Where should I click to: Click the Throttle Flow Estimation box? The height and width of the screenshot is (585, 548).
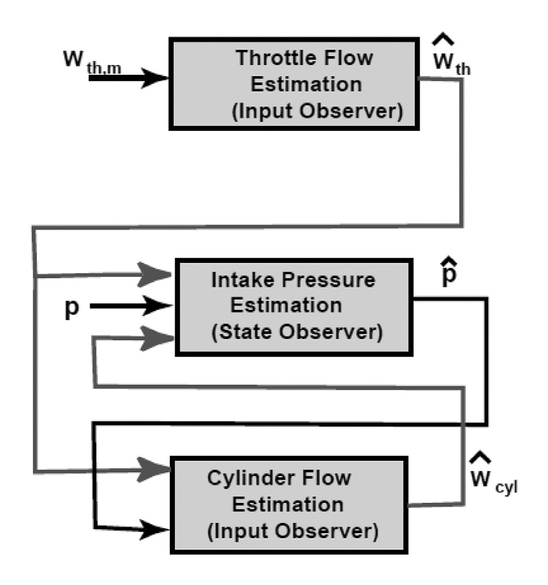coord(293,83)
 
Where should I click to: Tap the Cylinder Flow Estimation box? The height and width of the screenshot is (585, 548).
coord(293,505)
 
